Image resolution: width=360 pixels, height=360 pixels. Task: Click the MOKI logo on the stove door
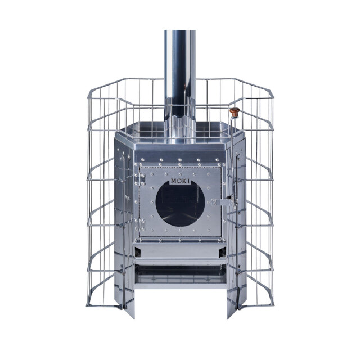click(x=180, y=181)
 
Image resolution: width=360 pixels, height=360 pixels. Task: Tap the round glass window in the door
click(x=180, y=203)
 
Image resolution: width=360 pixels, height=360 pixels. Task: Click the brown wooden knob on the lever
click(x=235, y=112)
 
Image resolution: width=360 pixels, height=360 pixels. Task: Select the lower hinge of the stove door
click(x=142, y=224)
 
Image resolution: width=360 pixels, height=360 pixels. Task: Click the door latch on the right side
click(x=224, y=202)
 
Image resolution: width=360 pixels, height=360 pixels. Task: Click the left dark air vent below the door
click(x=137, y=253)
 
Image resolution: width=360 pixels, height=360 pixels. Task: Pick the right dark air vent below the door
click(x=223, y=253)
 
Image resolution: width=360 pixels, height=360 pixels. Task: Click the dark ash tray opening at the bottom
click(x=181, y=274)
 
